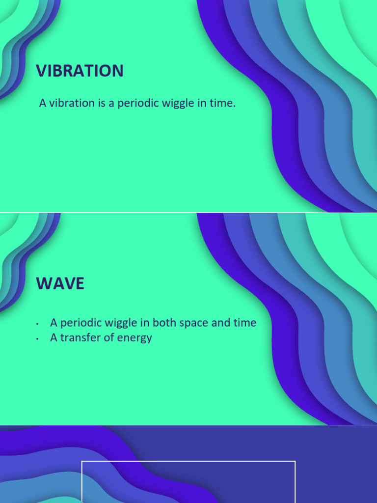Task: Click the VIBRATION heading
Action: click(80, 71)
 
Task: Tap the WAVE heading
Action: click(60, 283)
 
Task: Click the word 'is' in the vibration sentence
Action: click(98, 104)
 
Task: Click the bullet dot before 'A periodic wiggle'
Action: click(37, 324)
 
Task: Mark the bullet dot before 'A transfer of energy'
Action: click(37, 339)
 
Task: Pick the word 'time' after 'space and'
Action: click(245, 323)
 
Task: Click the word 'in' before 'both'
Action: click(146, 323)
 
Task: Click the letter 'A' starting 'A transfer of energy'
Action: click(54, 338)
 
